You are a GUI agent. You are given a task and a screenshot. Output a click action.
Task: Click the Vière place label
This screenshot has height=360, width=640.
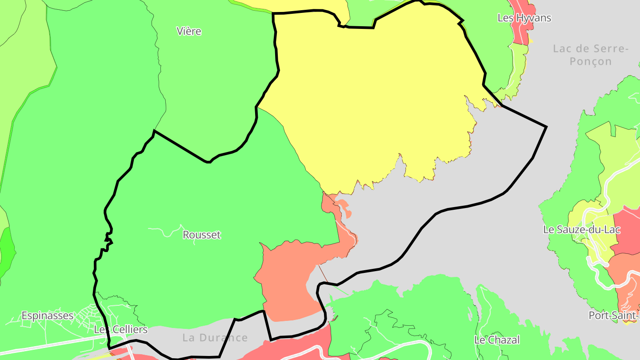[x=189, y=32]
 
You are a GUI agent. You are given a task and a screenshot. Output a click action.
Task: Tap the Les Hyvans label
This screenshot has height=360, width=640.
[x=524, y=18]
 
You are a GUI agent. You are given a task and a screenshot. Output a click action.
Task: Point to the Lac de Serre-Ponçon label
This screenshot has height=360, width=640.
[x=591, y=55]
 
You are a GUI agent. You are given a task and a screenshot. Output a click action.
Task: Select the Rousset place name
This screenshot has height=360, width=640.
[x=202, y=235]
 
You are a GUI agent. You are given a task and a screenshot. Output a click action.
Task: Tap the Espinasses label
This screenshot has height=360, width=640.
[x=48, y=316]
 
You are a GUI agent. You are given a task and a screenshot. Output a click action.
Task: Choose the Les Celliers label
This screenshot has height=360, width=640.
[x=120, y=330]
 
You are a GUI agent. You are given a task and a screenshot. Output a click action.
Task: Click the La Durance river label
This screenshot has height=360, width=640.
[x=215, y=338]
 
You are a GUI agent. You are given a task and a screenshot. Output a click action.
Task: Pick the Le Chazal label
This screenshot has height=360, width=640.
[x=497, y=340]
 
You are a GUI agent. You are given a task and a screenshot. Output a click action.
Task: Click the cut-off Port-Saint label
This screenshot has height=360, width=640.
[x=614, y=316]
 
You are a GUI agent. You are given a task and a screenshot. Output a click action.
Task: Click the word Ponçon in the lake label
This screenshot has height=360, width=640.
[x=591, y=61]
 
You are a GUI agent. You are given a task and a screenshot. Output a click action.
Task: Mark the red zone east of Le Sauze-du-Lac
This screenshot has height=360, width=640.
[x=628, y=231]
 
